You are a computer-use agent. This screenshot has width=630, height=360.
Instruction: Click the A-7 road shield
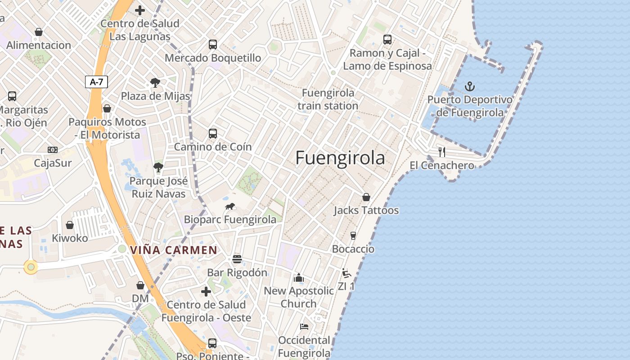[96, 82]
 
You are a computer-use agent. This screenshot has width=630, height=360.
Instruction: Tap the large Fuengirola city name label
[340, 158]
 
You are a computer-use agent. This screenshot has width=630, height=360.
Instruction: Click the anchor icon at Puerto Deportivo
[470, 86]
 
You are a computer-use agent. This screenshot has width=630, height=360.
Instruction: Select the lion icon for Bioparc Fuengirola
[230, 207]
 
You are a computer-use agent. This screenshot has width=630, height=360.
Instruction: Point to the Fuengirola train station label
[328, 99]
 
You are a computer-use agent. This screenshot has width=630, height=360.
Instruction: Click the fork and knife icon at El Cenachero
[442, 152]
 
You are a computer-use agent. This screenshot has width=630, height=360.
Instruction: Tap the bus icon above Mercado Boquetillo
[213, 45]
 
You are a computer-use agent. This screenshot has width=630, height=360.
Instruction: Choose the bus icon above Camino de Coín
[213, 134]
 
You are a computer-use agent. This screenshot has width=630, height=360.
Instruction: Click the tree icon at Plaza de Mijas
[155, 83]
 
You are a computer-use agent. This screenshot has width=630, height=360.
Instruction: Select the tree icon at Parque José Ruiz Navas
[158, 167]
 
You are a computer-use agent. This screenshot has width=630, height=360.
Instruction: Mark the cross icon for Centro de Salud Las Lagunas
[140, 10]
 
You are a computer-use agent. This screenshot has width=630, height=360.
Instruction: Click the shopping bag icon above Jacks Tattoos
[366, 197]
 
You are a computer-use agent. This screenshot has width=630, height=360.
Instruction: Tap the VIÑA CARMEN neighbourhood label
[174, 250]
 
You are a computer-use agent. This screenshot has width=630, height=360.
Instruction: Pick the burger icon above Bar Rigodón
[237, 259]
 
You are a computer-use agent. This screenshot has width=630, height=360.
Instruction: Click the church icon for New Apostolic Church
[299, 278]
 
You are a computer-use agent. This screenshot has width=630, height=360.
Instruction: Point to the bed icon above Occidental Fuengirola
[304, 326]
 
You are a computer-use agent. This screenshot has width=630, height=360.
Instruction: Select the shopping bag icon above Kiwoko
[70, 225]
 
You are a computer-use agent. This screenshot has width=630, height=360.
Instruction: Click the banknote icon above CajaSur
[53, 150]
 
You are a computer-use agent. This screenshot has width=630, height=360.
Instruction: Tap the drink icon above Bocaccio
[353, 236]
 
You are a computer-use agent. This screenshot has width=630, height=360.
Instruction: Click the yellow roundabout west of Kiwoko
[31, 267]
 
